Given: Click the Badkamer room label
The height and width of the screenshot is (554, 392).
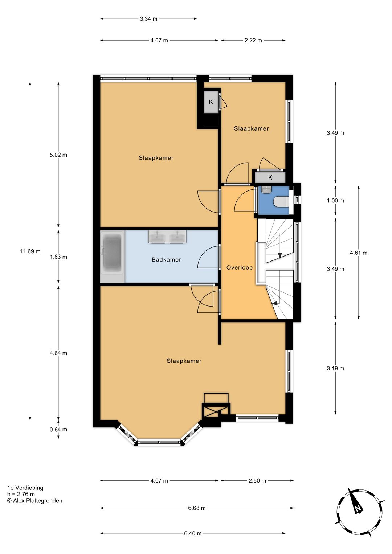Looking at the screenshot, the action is (x=166, y=260).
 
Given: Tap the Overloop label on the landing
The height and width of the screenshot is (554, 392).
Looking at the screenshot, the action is (x=240, y=268).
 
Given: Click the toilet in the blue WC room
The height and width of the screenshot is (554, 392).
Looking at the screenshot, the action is (x=281, y=201).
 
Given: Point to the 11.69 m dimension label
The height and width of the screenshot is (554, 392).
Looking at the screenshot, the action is (x=30, y=251).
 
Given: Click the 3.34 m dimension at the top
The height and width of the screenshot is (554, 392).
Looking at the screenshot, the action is (x=148, y=19).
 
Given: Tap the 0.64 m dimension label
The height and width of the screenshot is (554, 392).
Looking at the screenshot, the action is (x=58, y=430).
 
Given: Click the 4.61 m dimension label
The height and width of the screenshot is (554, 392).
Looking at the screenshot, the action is (x=359, y=253).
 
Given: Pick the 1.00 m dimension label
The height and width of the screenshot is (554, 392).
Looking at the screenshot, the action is (x=336, y=201).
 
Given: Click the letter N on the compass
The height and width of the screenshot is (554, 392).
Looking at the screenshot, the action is (x=358, y=509).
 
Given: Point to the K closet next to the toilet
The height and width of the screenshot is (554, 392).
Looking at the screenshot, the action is (x=270, y=177).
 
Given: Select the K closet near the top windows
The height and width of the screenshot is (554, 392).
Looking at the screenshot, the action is (x=211, y=102).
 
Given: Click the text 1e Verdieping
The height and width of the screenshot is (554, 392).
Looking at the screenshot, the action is (x=25, y=488).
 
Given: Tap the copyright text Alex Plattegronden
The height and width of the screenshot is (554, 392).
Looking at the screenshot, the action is (x=34, y=501).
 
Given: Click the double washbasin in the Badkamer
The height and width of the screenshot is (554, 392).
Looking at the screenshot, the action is (x=167, y=237).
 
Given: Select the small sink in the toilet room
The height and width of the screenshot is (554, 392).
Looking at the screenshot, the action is (x=266, y=190).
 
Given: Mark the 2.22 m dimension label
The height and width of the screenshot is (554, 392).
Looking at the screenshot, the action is (x=253, y=40).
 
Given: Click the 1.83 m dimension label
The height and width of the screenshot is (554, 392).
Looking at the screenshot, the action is (x=58, y=257).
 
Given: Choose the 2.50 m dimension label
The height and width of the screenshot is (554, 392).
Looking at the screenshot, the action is (x=257, y=481).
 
